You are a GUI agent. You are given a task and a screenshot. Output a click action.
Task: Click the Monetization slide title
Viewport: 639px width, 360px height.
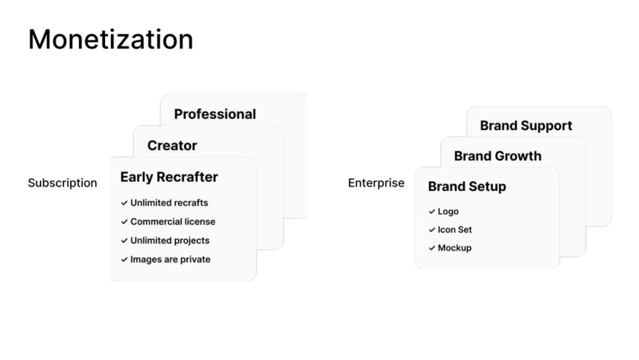[x=110, y=40]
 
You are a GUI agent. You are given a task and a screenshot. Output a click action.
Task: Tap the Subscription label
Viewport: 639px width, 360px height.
[x=62, y=183]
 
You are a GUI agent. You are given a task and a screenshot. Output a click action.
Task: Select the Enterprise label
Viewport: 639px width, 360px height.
[x=376, y=183]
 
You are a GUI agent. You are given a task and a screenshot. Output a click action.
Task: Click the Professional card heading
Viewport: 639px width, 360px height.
[x=215, y=114]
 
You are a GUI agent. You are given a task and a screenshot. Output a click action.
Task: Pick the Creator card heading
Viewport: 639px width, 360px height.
[x=172, y=145]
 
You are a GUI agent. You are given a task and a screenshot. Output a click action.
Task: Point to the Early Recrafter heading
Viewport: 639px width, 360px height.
[x=169, y=177]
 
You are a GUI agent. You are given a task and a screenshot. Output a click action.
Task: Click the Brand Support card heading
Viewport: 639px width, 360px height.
[x=526, y=126]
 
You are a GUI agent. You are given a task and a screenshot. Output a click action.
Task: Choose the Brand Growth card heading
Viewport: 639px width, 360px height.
[x=498, y=156]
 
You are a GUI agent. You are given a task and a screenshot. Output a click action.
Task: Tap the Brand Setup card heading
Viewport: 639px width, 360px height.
[x=467, y=186]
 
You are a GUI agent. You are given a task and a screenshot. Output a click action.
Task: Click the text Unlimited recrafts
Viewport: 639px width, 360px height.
[x=169, y=202]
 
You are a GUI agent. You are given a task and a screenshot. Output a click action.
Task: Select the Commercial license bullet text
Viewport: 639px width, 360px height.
[x=173, y=221]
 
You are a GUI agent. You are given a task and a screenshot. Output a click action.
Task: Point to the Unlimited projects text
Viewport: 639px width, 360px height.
[x=170, y=241]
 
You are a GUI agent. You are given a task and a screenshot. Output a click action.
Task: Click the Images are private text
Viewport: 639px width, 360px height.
[x=170, y=260]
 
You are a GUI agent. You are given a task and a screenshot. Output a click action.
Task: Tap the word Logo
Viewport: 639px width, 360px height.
[x=448, y=212]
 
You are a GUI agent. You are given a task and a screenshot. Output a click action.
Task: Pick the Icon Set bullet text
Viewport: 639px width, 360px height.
[x=455, y=230]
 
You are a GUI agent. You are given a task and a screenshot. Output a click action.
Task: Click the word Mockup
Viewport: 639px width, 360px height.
[x=455, y=248]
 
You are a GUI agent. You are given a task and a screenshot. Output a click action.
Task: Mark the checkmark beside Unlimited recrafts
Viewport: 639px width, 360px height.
[x=124, y=202]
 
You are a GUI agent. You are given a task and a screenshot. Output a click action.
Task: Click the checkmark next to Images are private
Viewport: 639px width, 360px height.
[x=124, y=260]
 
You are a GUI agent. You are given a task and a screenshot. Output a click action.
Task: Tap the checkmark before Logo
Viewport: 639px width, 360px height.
[x=432, y=212]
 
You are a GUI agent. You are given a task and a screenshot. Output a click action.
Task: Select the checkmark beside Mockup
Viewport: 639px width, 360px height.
[x=432, y=248]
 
